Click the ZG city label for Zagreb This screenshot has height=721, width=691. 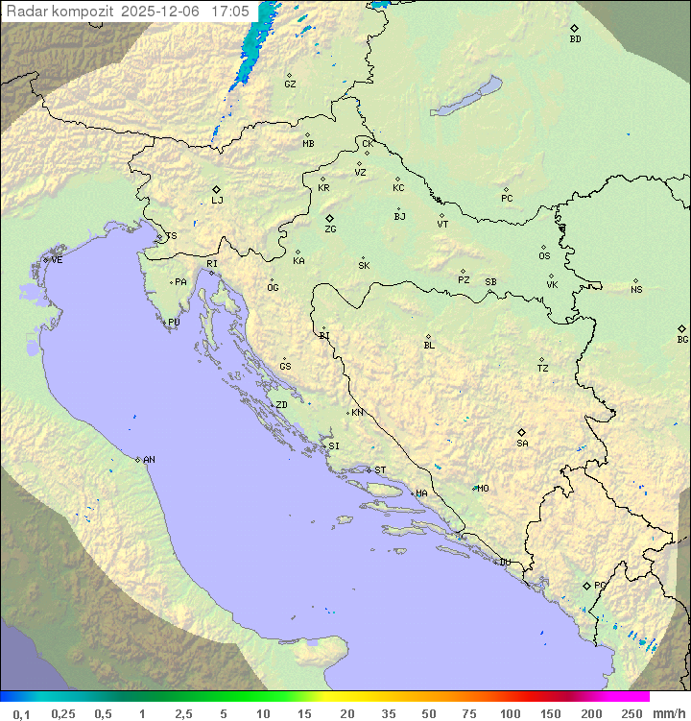330,230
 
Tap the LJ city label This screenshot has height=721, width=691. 217,201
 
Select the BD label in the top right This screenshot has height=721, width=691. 575,39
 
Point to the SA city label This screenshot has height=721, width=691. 522,444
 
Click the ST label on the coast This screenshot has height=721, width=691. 380,470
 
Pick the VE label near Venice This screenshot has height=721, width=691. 57,260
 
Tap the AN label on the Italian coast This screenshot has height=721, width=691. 149,460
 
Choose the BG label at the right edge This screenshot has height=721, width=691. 682,340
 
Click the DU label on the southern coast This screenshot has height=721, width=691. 505,563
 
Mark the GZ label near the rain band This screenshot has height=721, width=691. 290,84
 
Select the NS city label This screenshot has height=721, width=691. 636,290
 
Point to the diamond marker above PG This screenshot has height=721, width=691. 586,586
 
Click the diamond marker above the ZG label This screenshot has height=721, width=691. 329,219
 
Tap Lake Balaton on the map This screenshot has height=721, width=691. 465,98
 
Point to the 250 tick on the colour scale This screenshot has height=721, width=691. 631,713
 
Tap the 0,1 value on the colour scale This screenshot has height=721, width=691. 21,713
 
